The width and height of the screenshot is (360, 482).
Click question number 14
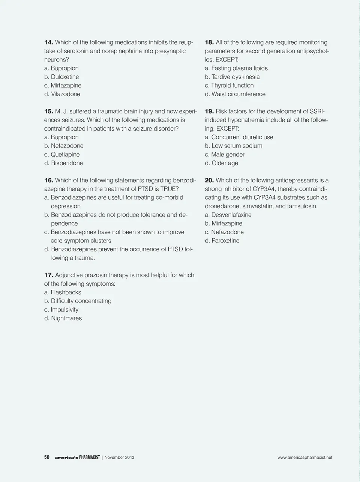[x=49, y=42]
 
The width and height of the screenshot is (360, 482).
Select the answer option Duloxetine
[x=65, y=77]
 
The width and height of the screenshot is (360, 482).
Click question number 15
[x=49, y=111]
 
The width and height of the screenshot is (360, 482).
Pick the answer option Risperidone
[x=67, y=163]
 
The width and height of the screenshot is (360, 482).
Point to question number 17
[x=49, y=275]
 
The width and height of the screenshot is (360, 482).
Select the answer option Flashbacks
[x=66, y=292]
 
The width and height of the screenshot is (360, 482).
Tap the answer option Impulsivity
[x=64, y=310]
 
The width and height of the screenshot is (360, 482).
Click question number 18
[x=209, y=42]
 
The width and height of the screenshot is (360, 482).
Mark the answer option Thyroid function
[x=232, y=86]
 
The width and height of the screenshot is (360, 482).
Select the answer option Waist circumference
[x=238, y=94]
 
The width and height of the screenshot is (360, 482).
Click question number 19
[x=209, y=111]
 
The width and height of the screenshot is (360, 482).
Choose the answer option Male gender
[x=228, y=155]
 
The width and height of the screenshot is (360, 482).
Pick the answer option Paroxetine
[x=225, y=241]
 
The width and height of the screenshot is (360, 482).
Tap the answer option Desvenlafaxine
[x=231, y=215]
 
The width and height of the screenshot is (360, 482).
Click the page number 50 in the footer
[x=47, y=457]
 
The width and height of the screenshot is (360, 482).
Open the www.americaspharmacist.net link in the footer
[x=304, y=457]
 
